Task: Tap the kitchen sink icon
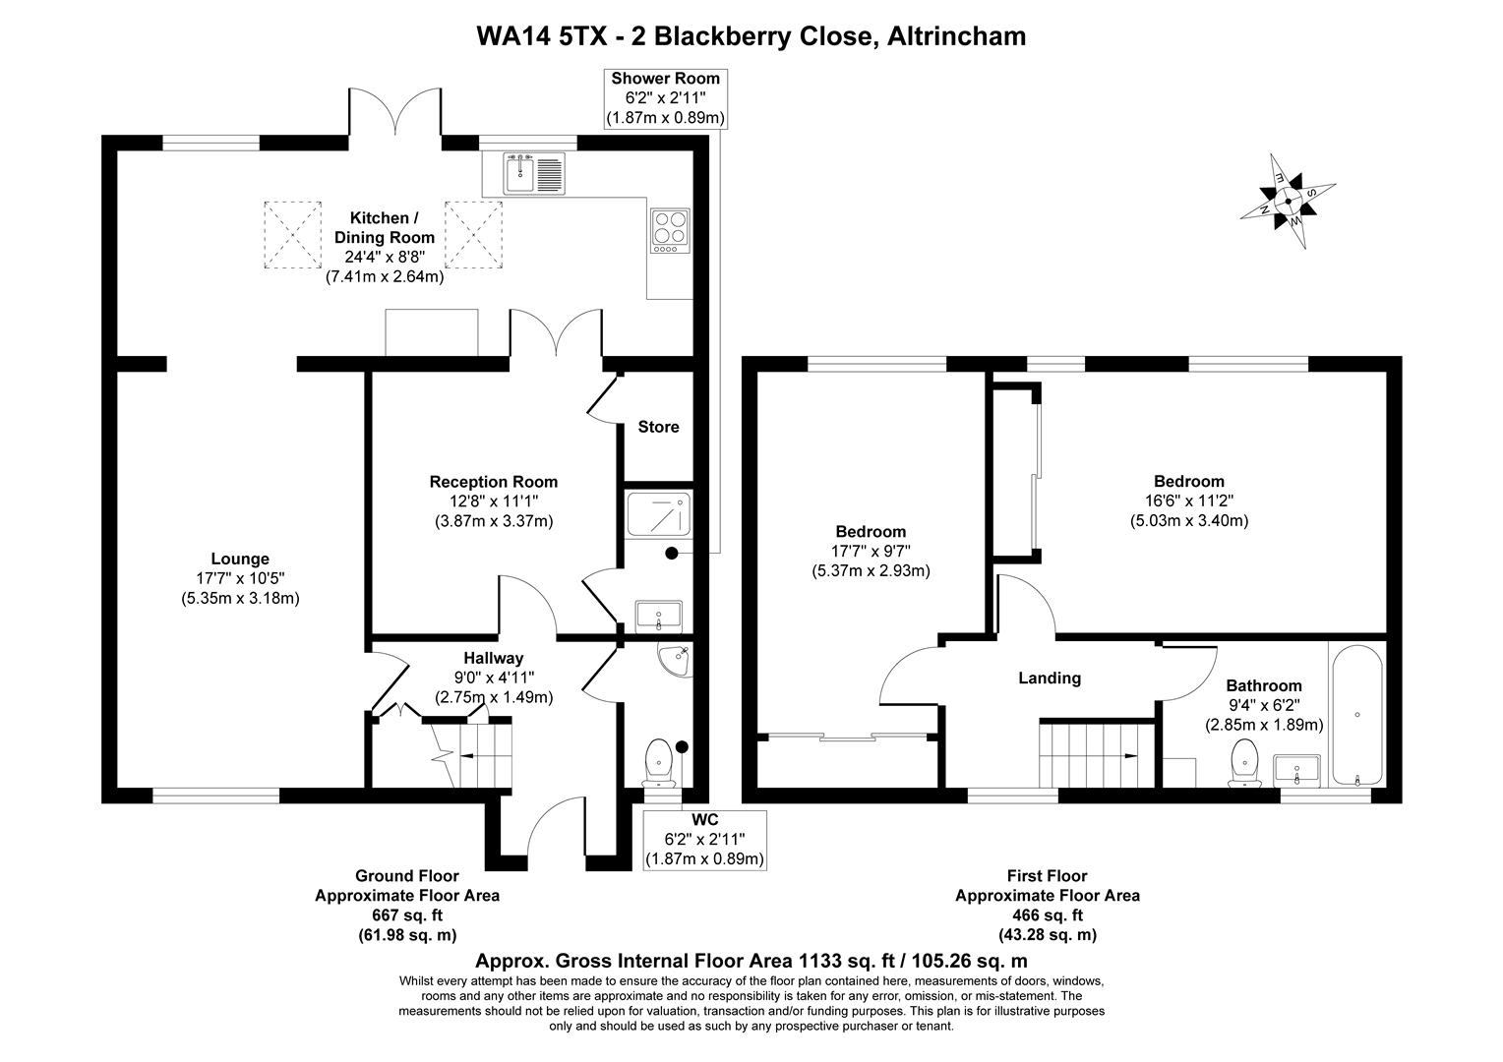click(x=534, y=173)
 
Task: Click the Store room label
click(x=658, y=427)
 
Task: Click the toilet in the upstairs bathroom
click(x=1244, y=764)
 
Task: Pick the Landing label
click(x=1050, y=678)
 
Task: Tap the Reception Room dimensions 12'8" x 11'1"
click(x=494, y=501)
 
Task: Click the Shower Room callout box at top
click(x=666, y=98)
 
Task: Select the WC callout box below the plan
click(x=704, y=839)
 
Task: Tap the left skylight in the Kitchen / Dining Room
click(x=292, y=234)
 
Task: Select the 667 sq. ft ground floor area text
click(x=406, y=915)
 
